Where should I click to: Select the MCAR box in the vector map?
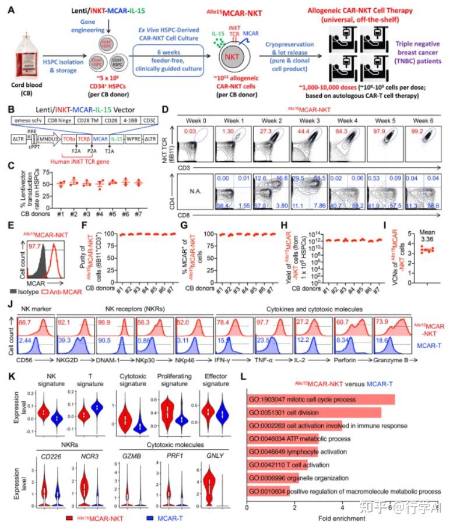pyautogui.click(x=101, y=157)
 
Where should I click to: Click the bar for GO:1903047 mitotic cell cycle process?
pyautogui.click(x=321, y=400)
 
